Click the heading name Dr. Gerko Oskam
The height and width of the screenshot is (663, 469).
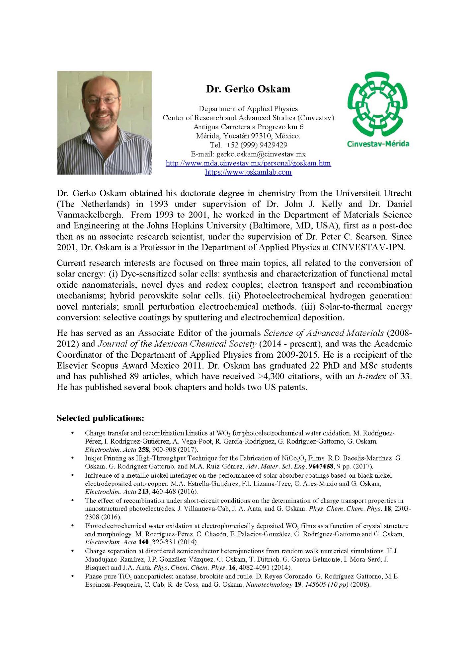(x=248, y=89)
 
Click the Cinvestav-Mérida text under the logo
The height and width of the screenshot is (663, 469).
(x=378, y=144)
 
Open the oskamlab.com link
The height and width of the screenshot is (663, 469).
(x=248, y=172)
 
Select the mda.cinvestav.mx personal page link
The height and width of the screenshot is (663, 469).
(x=248, y=163)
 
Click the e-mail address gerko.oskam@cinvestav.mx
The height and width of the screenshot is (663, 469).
(x=261, y=154)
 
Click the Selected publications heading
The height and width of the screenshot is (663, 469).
(x=100, y=418)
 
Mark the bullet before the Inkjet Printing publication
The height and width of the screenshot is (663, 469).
(x=72, y=458)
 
